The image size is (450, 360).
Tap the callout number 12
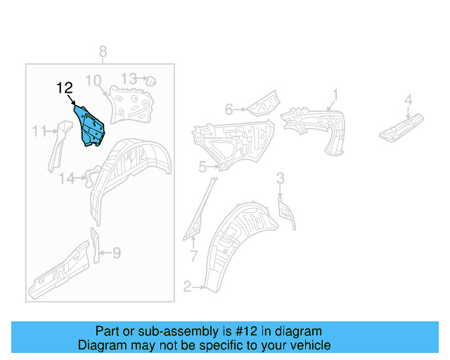tap(65, 88)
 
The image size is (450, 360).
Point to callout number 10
tap(94, 80)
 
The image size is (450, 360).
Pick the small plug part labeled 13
tap(149, 82)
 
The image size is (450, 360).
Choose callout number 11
tap(39, 130)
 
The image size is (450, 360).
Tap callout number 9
tap(117, 252)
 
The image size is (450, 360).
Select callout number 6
tap(229, 109)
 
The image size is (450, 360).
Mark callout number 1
tap(335, 94)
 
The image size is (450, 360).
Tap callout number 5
tap(202, 167)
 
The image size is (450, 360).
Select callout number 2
tap(187, 286)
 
